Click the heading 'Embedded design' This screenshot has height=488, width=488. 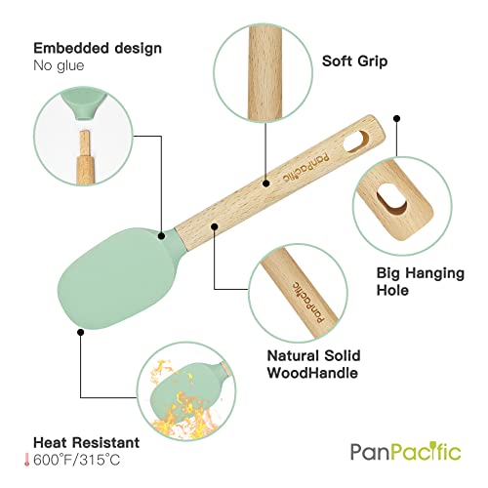point(98,49)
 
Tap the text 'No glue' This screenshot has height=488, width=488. point(59,65)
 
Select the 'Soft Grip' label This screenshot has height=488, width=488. point(354,61)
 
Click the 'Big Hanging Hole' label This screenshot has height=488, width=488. point(421,281)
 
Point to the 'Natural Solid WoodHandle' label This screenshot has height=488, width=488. point(313,364)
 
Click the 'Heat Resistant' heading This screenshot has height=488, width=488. point(87,442)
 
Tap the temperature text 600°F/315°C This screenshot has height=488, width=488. point(77,460)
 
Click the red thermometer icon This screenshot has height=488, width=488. point(26,460)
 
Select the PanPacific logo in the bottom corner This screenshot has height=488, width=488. point(406,451)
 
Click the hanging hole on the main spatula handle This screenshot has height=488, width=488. point(356,141)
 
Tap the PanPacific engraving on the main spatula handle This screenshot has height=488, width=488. point(305,168)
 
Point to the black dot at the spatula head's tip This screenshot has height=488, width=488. point(81,332)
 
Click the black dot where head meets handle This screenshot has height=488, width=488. point(161,236)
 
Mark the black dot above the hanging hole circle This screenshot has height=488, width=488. point(396,118)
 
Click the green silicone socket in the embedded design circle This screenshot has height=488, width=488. point(84,104)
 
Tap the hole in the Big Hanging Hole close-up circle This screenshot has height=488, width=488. point(391,198)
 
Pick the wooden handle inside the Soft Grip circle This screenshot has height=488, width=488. point(264,72)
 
